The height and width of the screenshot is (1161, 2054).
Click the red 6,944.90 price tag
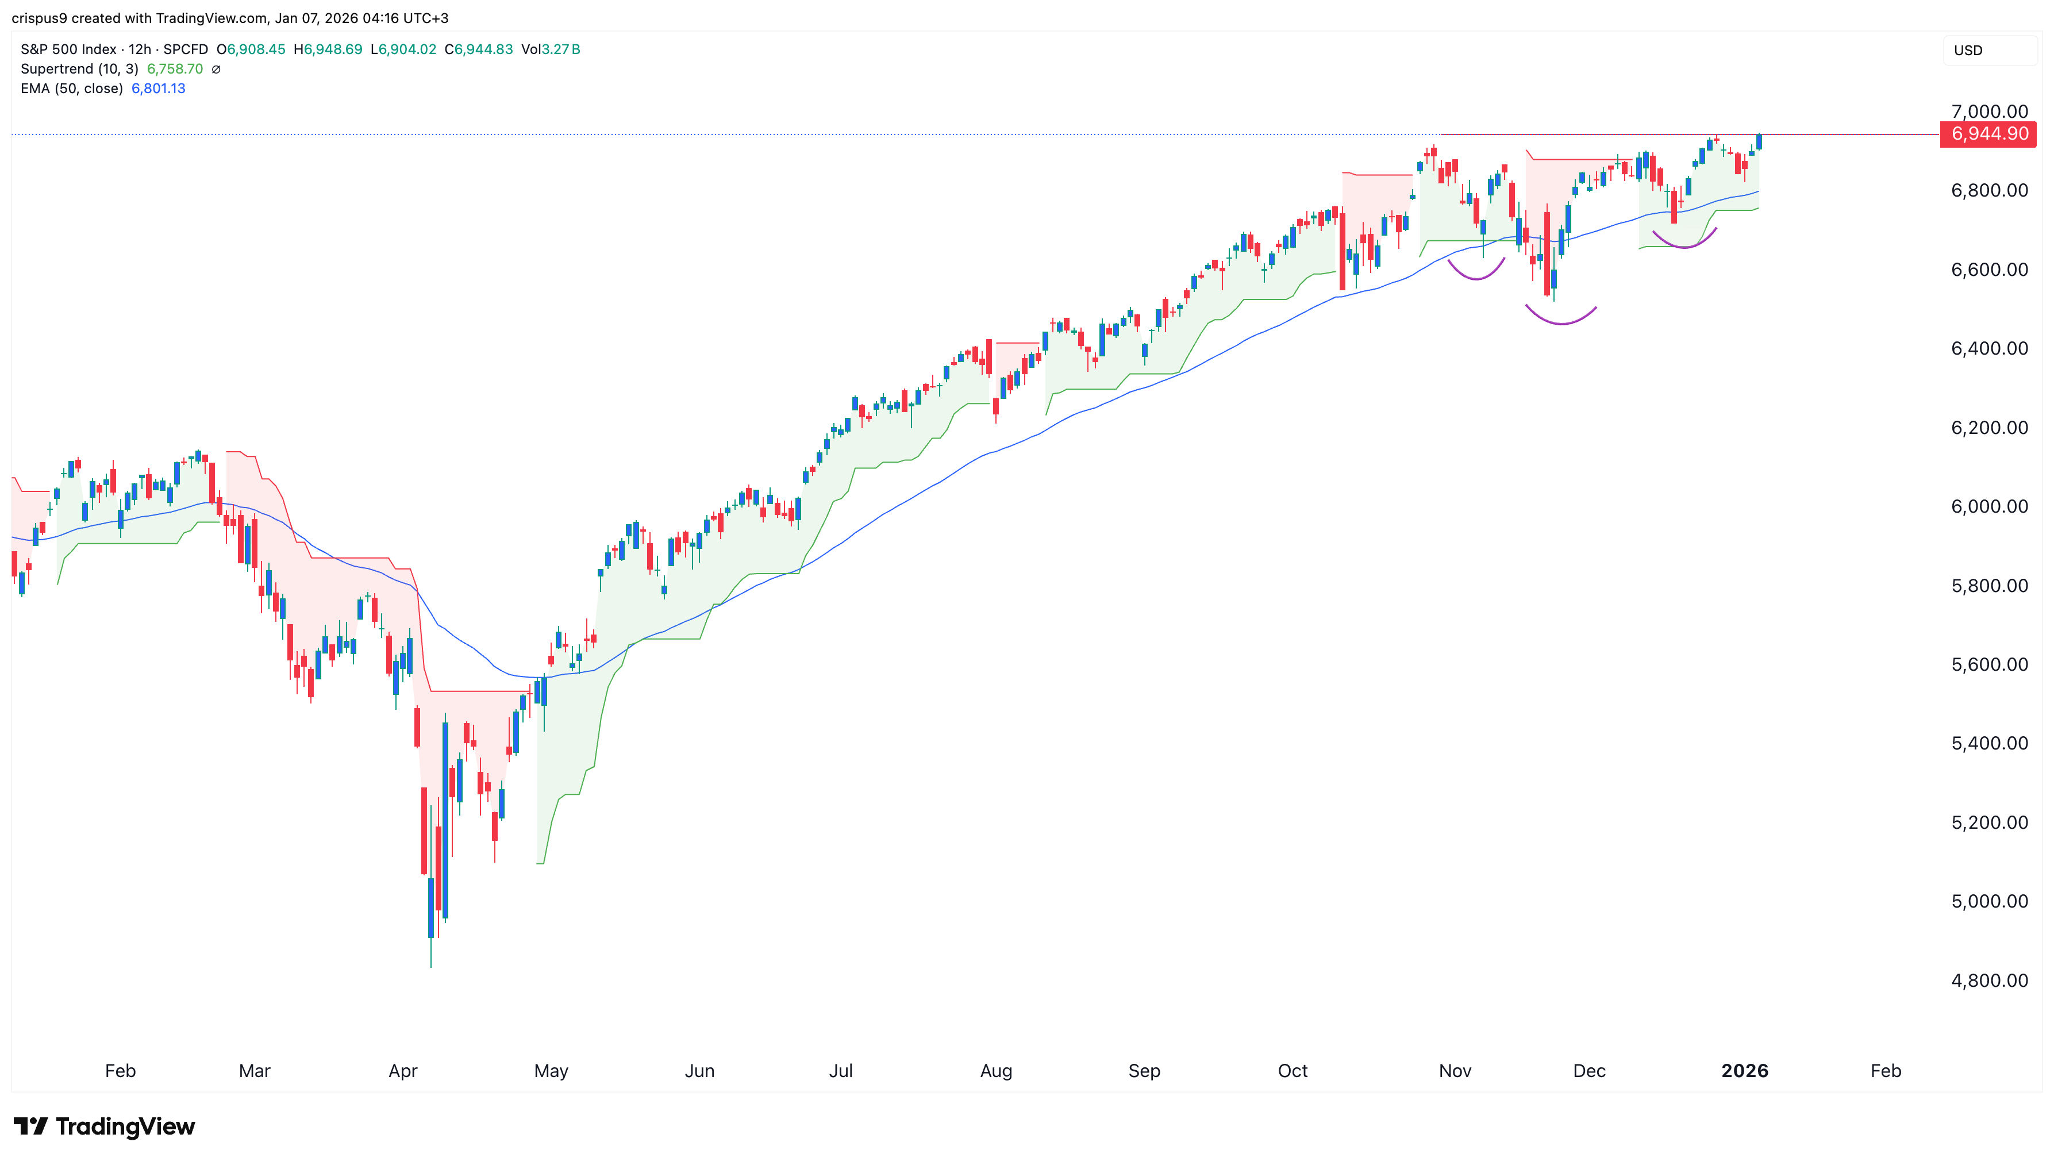click(1988, 134)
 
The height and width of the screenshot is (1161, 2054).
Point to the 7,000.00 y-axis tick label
click(1988, 112)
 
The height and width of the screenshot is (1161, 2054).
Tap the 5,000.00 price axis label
click(1988, 901)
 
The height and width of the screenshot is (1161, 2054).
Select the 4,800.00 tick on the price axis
click(1988, 980)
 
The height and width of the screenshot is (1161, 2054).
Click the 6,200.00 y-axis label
click(1988, 428)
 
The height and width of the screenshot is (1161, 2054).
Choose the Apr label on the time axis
click(403, 1071)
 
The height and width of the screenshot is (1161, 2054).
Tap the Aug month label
click(996, 1071)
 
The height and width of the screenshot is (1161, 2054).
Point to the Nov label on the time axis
click(1455, 1071)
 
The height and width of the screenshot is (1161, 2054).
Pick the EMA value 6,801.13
click(158, 89)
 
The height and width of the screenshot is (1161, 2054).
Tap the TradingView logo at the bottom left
click(105, 1126)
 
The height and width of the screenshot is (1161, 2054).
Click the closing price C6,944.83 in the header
click(478, 49)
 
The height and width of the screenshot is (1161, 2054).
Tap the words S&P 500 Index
click(68, 49)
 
